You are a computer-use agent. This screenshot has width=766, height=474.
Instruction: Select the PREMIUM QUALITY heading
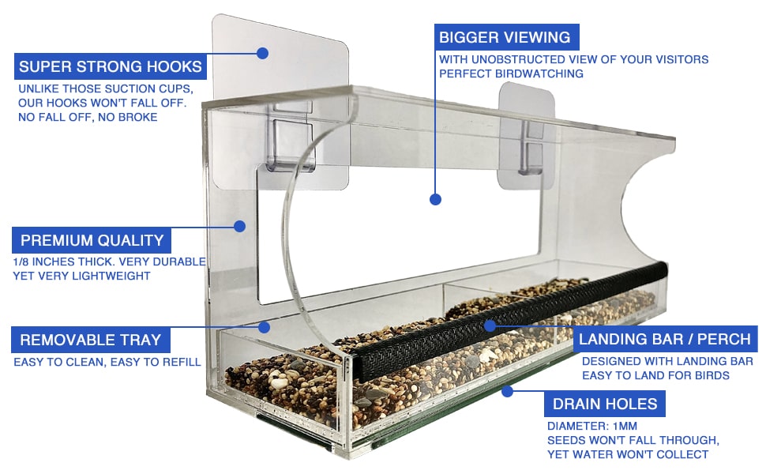point(92,241)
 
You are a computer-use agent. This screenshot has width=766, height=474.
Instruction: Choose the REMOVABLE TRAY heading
point(90,340)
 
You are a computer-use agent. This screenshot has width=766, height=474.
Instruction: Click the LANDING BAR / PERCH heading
point(665,340)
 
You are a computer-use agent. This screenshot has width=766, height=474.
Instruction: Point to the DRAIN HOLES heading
point(604,404)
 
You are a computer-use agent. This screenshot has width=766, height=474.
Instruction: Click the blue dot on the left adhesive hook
point(263,53)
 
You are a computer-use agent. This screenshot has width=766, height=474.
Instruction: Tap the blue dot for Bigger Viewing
point(434,200)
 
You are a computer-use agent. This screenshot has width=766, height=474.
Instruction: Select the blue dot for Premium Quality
point(240,226)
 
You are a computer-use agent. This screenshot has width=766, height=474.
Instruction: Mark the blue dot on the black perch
point(490,325)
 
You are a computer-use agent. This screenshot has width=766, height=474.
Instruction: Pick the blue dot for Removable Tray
point(265,326)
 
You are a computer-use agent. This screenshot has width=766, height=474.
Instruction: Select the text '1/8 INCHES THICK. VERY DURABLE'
point(108,261)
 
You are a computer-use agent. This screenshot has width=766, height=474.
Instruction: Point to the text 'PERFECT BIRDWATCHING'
point(511,73)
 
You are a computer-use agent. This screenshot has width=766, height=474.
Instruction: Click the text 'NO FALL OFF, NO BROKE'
point(88,117)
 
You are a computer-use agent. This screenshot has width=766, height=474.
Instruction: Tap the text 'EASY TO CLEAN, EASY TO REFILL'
point(107,362)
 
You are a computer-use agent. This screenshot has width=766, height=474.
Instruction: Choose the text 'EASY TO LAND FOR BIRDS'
point(655,375)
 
